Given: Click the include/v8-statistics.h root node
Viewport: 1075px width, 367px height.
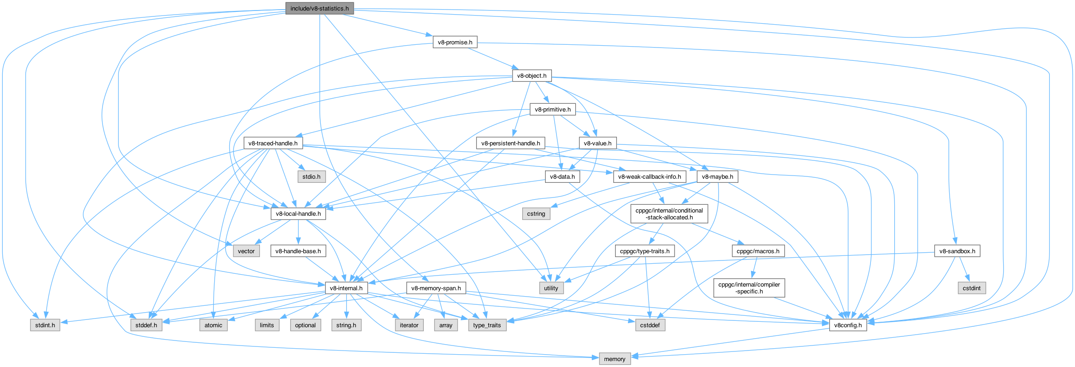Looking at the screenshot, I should point(319,8).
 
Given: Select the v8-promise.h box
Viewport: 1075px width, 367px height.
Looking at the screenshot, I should point(455,42).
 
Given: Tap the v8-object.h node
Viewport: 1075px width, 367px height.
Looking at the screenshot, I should point(531,75).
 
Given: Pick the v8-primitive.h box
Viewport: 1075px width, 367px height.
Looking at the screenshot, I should point(552,109).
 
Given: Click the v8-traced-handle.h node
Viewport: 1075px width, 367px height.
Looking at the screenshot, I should point(273,143).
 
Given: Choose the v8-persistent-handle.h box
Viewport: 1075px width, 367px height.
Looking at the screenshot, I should point(510,143).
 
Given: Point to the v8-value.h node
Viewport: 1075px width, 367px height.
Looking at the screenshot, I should point(598,143).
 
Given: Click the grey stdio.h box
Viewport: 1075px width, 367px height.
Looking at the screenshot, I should point(312,176).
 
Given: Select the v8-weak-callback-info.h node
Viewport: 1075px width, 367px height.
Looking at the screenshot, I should point(649,176).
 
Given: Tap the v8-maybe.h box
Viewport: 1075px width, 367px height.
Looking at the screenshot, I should point(717,176).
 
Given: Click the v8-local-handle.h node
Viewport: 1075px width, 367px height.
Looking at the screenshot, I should point(298,213).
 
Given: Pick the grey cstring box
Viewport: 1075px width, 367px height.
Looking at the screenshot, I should point(536,213).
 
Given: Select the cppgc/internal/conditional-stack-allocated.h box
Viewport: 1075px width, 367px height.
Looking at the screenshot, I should point(669,213).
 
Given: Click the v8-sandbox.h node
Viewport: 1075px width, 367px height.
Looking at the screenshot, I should point(957,251).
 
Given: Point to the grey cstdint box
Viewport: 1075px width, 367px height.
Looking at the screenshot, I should point(972,288).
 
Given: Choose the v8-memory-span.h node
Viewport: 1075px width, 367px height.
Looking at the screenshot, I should point(436,288).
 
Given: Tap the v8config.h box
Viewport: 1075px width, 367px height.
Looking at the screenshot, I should point(848,325).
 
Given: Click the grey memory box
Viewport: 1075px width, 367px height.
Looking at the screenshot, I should point(614,359).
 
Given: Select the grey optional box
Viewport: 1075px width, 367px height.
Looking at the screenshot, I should point(305,325).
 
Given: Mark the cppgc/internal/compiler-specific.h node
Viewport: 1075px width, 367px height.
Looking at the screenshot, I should point(749,288).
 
